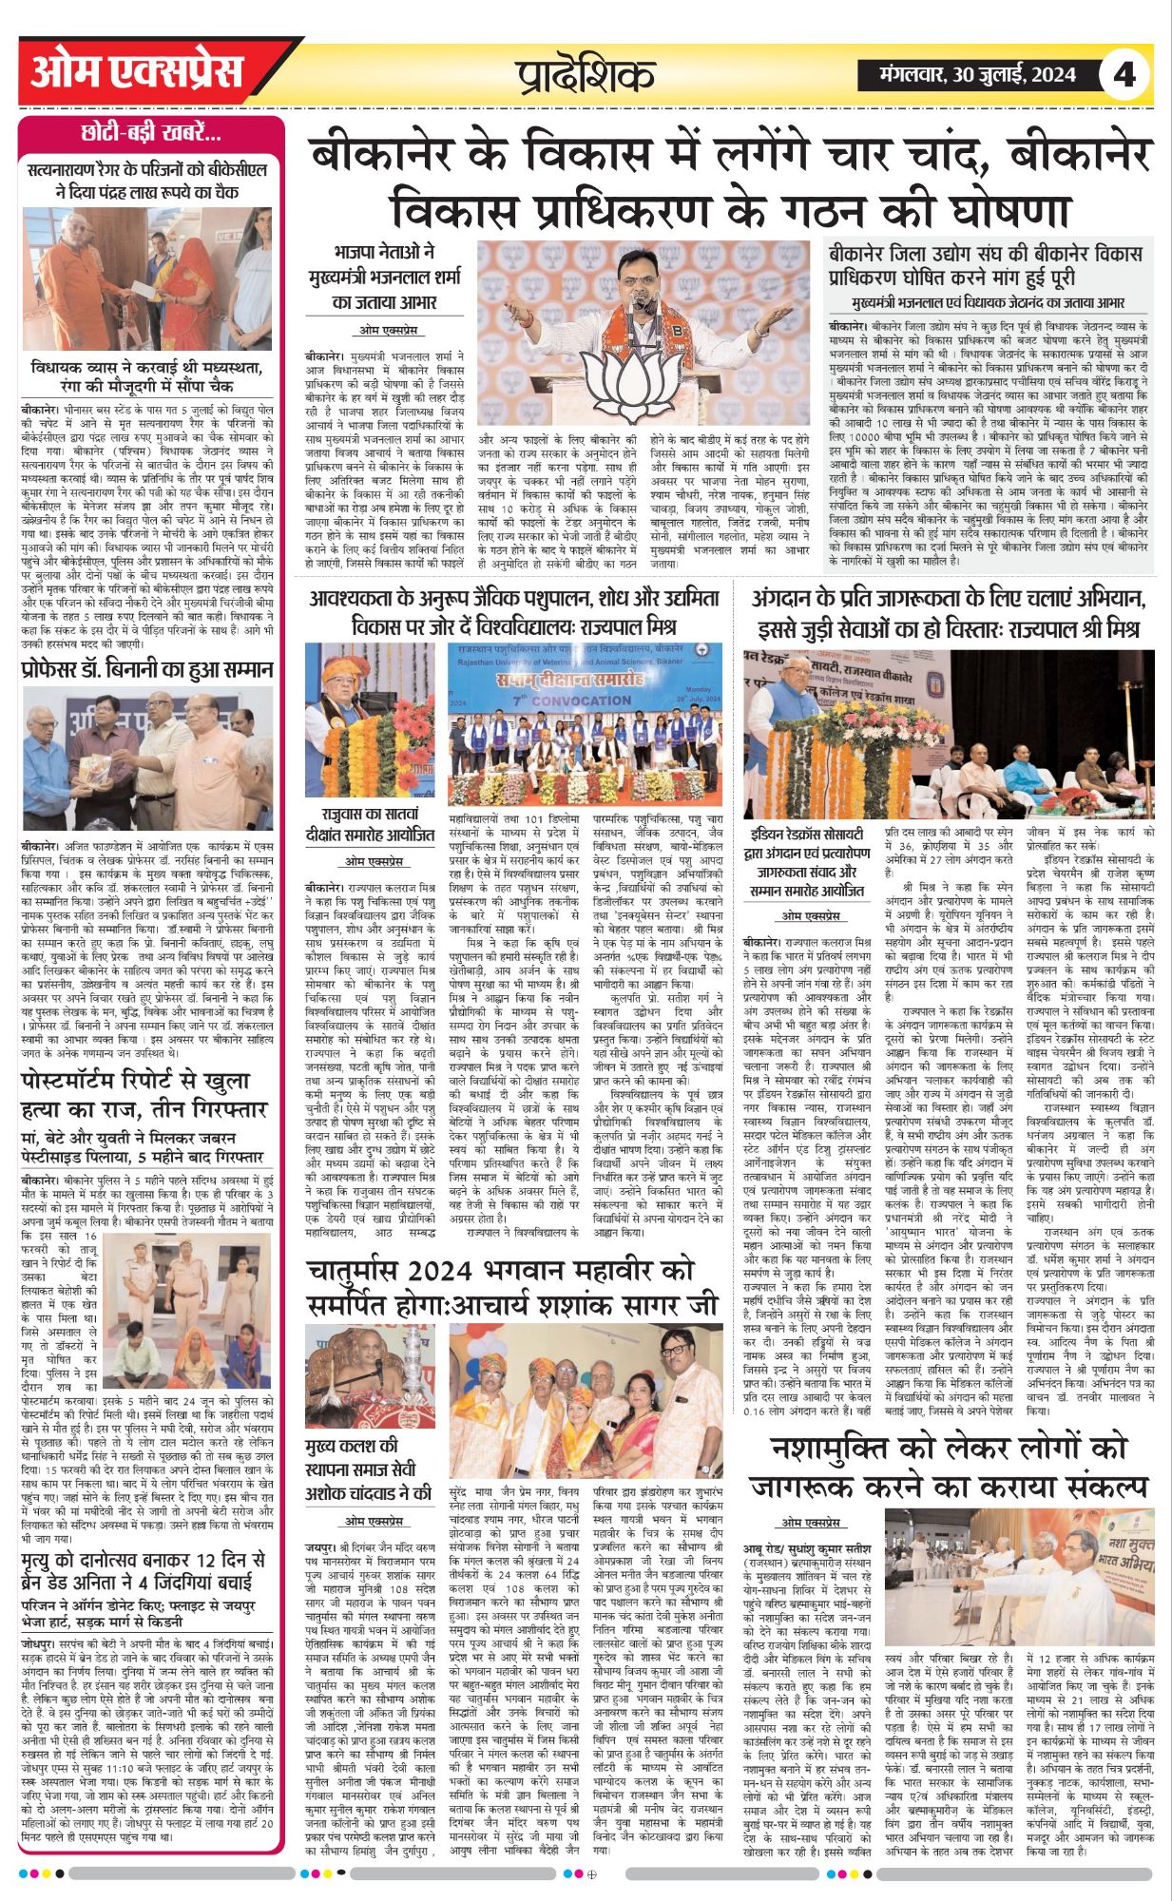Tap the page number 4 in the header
click(x=1124, y=74)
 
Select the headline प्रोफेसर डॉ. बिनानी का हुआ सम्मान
click(x=147, y=670)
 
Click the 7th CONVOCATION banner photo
click(x=586, y=722)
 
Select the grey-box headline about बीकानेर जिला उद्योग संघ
click(x=985, y=265)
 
